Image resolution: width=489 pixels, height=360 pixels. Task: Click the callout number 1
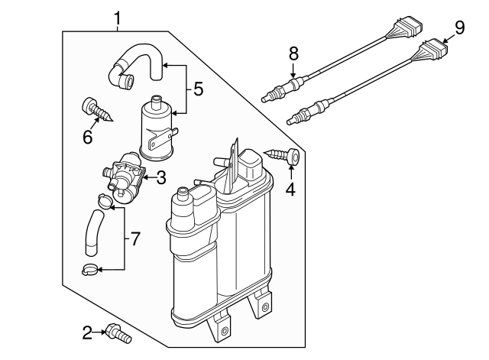coord(118,15)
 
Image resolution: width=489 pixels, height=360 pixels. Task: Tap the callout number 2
coord(88,331)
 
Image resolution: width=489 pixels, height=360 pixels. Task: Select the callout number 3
coord(161,178)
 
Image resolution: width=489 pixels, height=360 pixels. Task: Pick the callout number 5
coord(198,89)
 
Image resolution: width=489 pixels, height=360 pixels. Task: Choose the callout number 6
coord(87,137)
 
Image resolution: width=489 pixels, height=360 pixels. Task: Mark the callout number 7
coord(134,239)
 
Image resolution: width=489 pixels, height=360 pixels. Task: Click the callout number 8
coord(293,54)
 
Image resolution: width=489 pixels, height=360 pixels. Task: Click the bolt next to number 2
coord(119,333)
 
